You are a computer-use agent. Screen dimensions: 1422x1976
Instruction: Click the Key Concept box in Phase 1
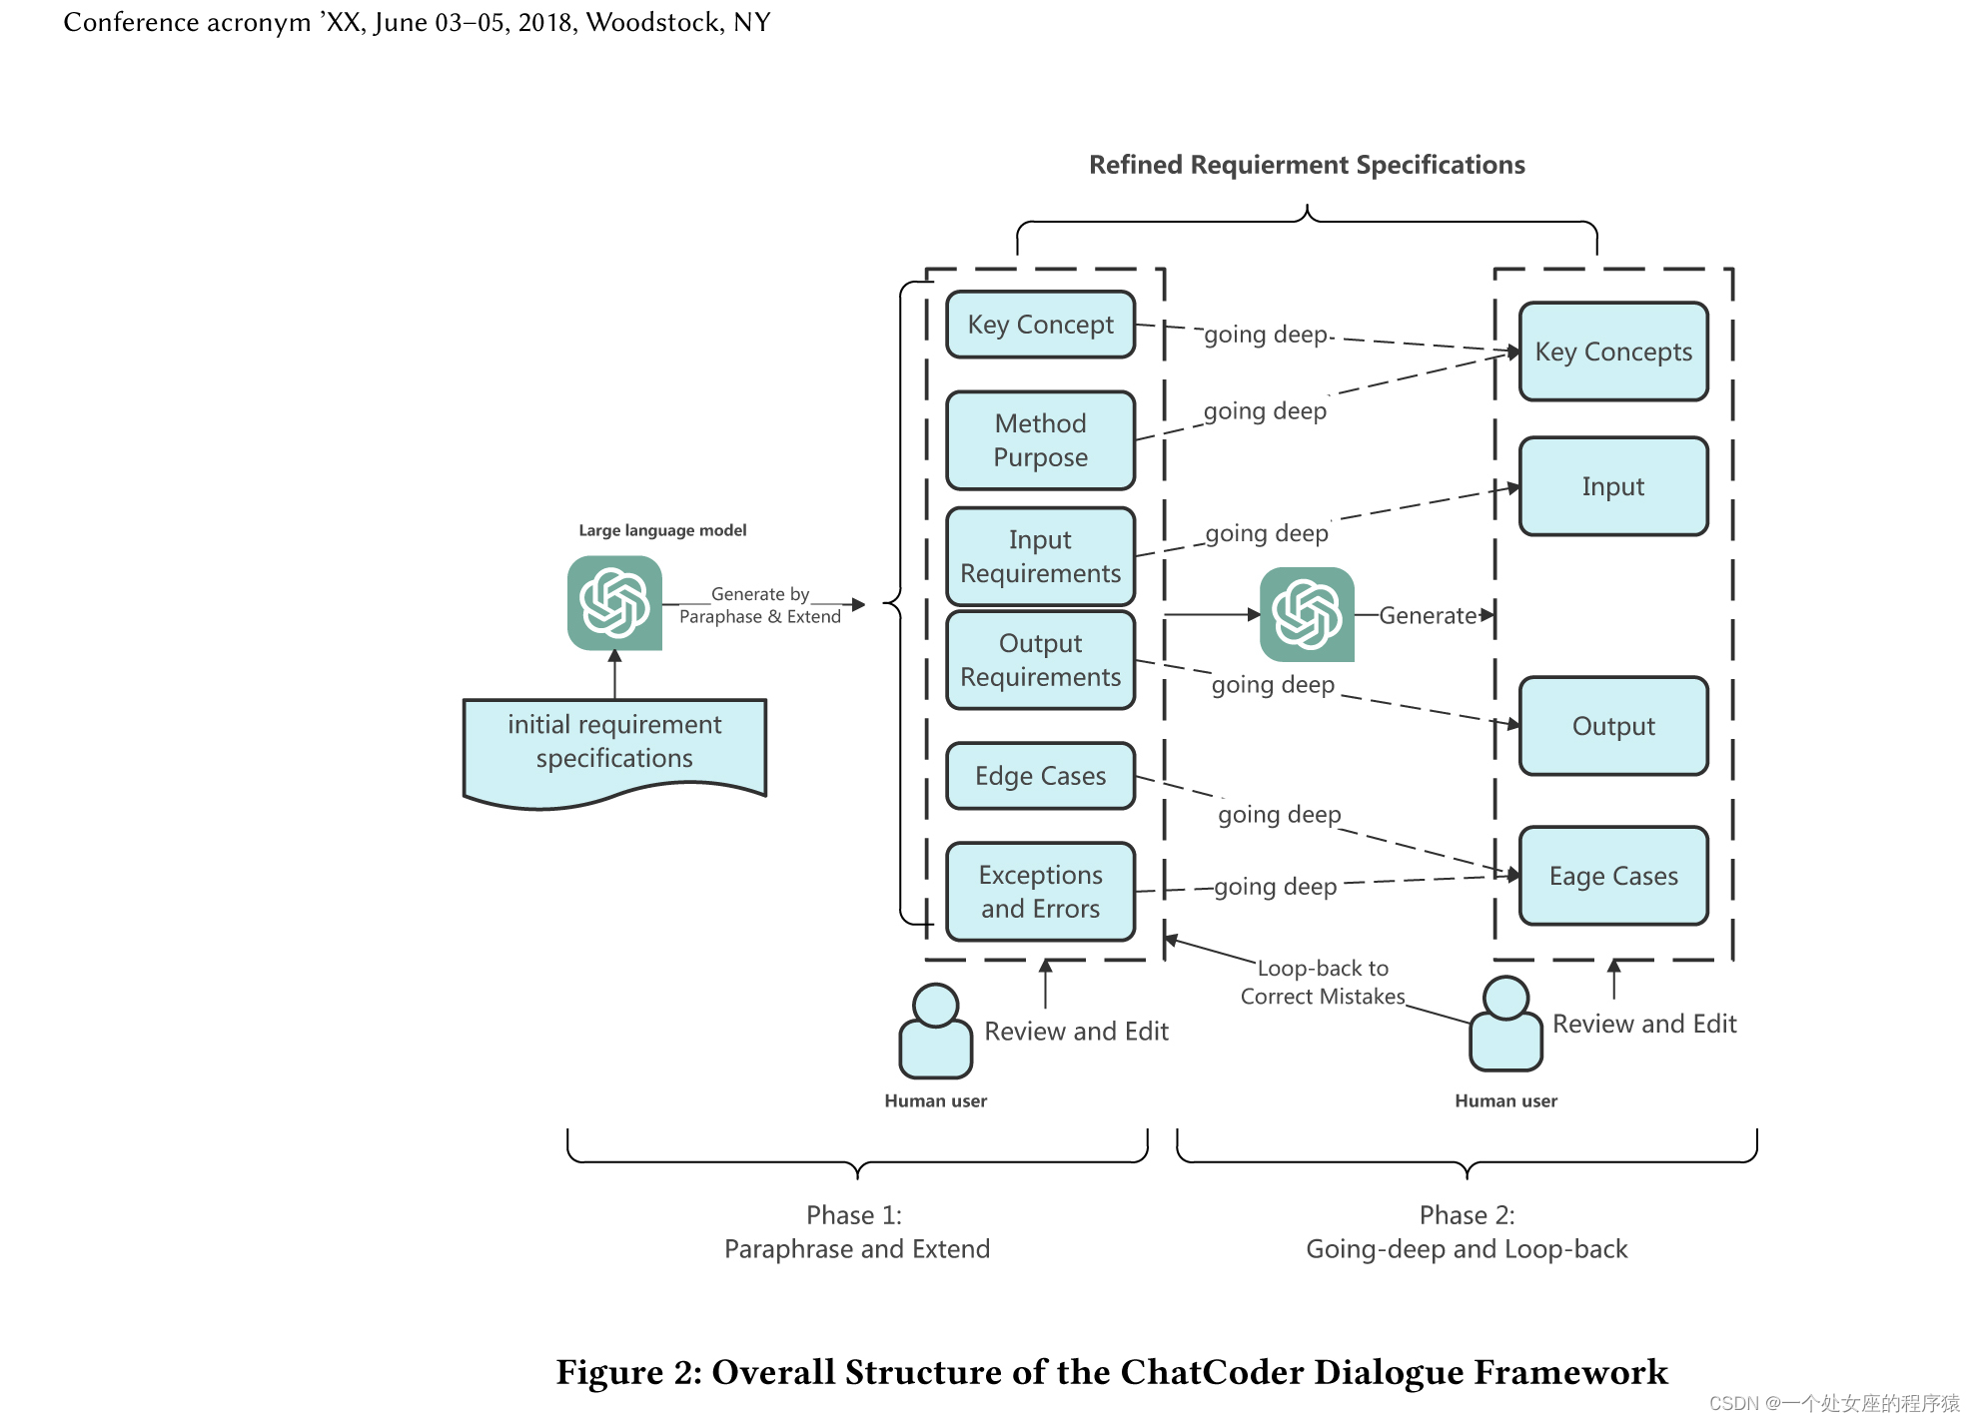click(x=1040, y=325)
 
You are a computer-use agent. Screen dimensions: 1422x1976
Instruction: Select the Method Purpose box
click(x=1040, y=440)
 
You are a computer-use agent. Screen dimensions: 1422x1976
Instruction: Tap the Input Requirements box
click(x=1040, y=556)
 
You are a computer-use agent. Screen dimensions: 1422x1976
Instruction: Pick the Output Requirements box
click(x=1040, y=660)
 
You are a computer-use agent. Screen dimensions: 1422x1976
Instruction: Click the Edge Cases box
click(x=1040, y=776)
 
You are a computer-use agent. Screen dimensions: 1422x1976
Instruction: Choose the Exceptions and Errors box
click(x=1040, y=892)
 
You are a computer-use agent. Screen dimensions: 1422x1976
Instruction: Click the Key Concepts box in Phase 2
click(x=1612, y=352)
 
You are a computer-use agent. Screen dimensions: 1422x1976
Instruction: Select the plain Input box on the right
click(x=1612, y=486)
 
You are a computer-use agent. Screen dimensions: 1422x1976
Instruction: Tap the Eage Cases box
click(x=1612, y=876)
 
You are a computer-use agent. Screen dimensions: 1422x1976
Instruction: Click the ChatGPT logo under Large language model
click(x=614, y=603)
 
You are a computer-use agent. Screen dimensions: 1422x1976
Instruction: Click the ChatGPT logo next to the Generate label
click(x=1307, y=614)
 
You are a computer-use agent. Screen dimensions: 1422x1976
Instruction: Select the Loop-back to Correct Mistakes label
click(x=1322, y=982)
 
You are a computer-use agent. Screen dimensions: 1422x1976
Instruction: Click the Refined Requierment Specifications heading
click(x=1307, y=165)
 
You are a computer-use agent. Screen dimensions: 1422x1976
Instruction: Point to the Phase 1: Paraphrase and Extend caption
click(x=856, y=1232)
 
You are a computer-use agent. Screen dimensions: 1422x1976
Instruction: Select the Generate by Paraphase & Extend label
click(x=760, y=605)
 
